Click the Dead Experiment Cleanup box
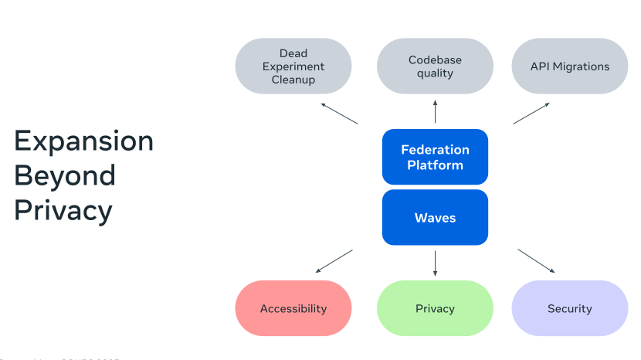293,66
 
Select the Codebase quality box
435,66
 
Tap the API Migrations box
570,66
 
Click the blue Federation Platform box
435,157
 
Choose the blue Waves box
435,217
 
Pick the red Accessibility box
293,308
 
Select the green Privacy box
435,308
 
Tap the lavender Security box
570,308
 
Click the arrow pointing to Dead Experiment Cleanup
339,113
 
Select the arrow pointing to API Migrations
531,113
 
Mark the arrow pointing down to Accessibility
334,261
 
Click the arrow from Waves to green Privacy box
435,263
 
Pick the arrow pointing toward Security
536,260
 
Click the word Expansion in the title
83,141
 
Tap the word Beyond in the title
65,175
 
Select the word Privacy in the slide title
63,210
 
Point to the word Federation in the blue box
435,150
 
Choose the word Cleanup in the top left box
293,80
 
